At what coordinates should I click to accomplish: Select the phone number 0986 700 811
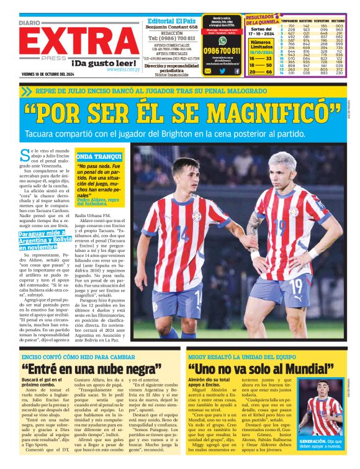click(x=222, y=51)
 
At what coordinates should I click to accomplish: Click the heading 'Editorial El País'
click(x=172, y=20)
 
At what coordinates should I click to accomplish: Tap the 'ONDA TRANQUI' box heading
click(x=94, y=157)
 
